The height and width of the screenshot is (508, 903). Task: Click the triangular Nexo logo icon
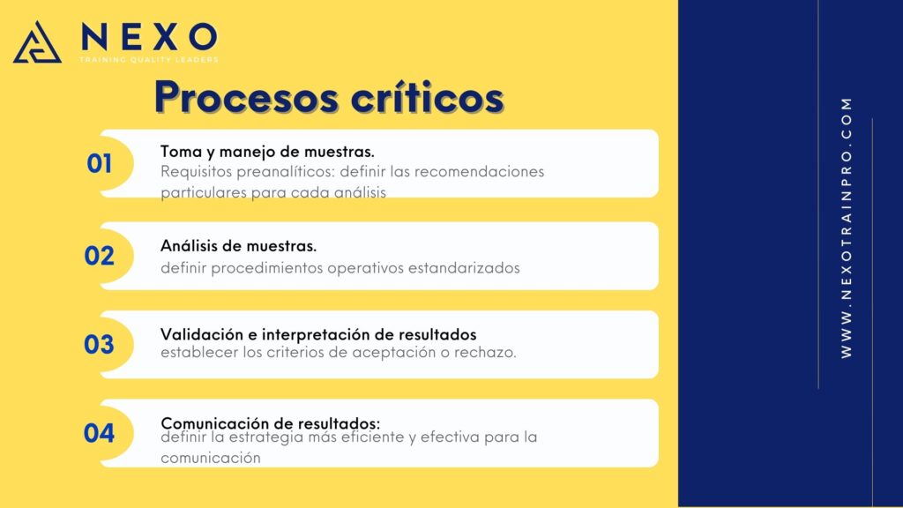[37, 42]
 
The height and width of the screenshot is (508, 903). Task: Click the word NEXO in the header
[149, 37]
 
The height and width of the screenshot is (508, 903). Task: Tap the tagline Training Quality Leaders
[149, 59]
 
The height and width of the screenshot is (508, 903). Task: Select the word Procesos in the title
[247, 97]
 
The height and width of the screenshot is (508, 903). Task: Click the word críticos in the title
[428, 97]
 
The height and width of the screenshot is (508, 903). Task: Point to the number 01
[100, 163]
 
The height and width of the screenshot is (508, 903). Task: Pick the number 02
[99, 256]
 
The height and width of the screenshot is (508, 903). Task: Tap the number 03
[99, 345]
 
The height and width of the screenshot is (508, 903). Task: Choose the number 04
[99, 433]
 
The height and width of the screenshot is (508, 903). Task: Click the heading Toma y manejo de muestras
[267, 152]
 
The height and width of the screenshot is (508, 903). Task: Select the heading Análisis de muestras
[238, 246]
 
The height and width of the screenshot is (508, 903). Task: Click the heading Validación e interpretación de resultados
[318, 334]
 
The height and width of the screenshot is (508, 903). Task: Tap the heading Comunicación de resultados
[270, 423]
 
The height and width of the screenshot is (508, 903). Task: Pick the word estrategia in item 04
[265, 437]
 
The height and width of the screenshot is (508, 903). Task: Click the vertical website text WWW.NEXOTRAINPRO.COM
[846, 228]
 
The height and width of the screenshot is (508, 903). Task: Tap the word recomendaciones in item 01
[479, 172]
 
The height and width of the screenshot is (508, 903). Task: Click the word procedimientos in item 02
[266, 268]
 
